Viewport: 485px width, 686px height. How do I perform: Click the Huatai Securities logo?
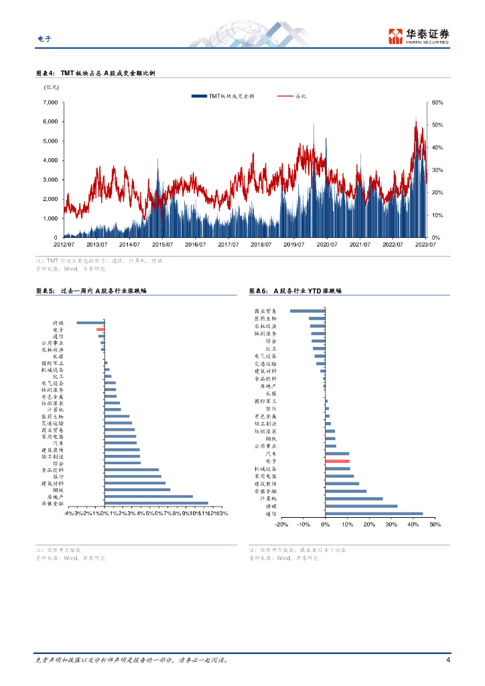(x=418, y=36)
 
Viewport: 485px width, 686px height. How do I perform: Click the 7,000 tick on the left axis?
(x=50, y=102)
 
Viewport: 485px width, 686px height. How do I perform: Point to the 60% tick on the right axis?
(x=436, y=102)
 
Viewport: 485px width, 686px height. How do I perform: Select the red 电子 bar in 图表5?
(x=100, y=330)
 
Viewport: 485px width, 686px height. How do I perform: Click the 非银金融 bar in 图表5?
(x=156, y=503)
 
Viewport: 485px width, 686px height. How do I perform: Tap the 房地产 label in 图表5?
(x=56, y=496)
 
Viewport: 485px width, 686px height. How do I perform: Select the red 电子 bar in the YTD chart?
(x=338, y=462)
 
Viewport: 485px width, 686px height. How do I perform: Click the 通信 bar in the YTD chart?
(x=374, y=514)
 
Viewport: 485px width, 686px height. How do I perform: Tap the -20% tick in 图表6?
(x=281, y=525)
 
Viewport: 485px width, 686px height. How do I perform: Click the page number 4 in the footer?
(x=447, y=660)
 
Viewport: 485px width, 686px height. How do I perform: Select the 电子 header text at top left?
(x=44, y=38)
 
